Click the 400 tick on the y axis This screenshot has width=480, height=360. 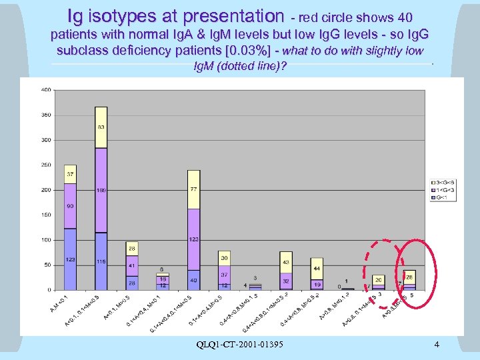(47, 89)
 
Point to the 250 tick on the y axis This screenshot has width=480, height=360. (47, 165)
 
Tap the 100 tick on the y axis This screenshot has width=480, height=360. (47, 240)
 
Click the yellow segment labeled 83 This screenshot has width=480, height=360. (101, 127)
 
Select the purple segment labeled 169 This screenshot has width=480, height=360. (101, 190)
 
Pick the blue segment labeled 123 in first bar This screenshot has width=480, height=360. (70, 259)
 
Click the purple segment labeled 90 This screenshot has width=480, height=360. (70, 206)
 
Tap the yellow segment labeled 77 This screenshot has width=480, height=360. (193, 189)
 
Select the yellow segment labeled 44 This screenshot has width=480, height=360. (316, 268)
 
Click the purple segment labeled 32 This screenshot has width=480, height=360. (285, 281)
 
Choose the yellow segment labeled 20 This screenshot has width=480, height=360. (378, 280)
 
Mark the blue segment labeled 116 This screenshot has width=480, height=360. (101, 261)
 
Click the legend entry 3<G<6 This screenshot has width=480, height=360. (443, 181)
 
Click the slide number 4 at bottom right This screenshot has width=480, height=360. (436, 345)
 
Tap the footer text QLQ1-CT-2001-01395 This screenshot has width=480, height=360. (241, 345)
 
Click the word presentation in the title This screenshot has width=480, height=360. (231, 15)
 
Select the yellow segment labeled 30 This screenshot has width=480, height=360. (224, 258)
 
